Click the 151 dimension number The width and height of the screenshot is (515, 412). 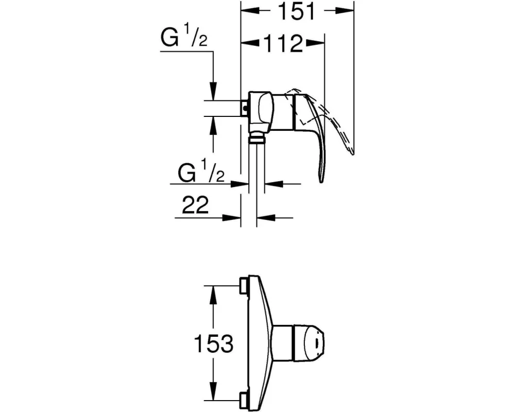pyautogui.click(x=296, y=11)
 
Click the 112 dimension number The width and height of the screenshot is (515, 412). pyautogui.click(x=283, y=43)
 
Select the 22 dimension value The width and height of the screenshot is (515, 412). pyautogui.click(x=195, y=205)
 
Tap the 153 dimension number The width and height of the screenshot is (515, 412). pyautogui.click(x=214, y=344)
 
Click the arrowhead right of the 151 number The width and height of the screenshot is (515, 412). pyautogui.click(x=345, y=11)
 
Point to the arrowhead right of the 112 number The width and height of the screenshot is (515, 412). pyautogui.click(x=315, y=42)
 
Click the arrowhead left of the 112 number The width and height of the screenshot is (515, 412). pyautogui.click(x=251, y=42)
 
